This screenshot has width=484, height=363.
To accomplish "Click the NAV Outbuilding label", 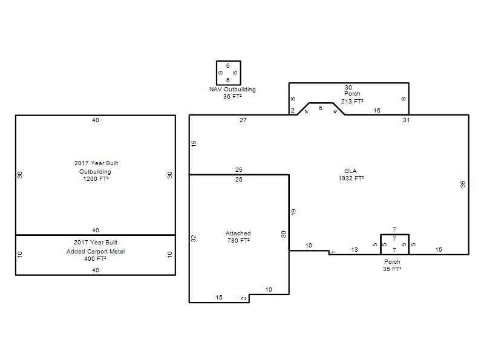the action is click(232, 90).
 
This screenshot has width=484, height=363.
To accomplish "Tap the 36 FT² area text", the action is click(232, 97).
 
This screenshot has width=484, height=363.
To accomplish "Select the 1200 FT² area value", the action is click(96, 179).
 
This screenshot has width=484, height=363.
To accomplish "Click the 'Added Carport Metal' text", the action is click(96, 252).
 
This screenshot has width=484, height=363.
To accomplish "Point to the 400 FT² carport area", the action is click(95, 259).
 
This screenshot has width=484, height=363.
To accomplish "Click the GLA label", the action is click(350, 171).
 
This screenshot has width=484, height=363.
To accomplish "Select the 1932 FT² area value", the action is click(351, 178).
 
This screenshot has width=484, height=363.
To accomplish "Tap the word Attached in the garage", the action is click(238, 234).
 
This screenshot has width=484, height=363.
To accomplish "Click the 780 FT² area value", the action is click(238, 240).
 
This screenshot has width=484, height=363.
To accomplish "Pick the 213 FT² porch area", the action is click(352, 101).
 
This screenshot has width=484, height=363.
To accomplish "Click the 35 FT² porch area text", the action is click(392, 269).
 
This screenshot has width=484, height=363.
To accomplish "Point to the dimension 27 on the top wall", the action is click(243, 120).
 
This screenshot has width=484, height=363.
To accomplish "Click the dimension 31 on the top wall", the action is click(406, 120).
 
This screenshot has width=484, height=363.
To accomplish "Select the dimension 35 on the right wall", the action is click(462, 185).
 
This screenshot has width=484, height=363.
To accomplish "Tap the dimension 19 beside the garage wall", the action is click(293, 212).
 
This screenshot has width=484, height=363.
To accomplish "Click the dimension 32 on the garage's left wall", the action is click(194, 238).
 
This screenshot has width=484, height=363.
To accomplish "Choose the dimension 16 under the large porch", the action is click(377, 111).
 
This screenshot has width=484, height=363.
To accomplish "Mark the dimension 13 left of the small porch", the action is click(355, 249).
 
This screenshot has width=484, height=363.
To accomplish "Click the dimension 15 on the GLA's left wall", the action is click(194, 143).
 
